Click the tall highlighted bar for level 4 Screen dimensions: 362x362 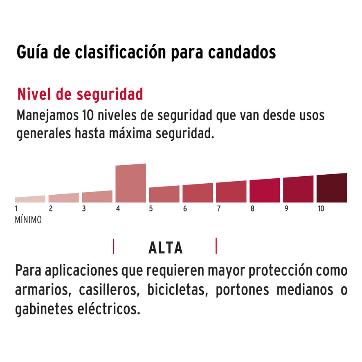pos(130,183)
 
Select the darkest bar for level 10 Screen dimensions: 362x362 pos(331,188)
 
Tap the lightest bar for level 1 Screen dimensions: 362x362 pos(30,199)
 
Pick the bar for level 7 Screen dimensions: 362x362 pos(231,192)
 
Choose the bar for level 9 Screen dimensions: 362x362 pos(298,189)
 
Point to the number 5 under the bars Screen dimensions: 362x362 pos(151,209)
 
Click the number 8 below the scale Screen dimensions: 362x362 pos(252,209)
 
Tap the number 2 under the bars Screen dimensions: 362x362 pos(51,209)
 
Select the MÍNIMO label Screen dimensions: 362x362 pos(28,220)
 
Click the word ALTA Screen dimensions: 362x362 pos(165,248)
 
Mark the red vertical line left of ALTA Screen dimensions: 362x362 pos(113,247)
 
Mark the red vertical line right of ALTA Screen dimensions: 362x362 pos(216,246)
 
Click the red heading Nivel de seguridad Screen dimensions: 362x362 pos(80,94)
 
